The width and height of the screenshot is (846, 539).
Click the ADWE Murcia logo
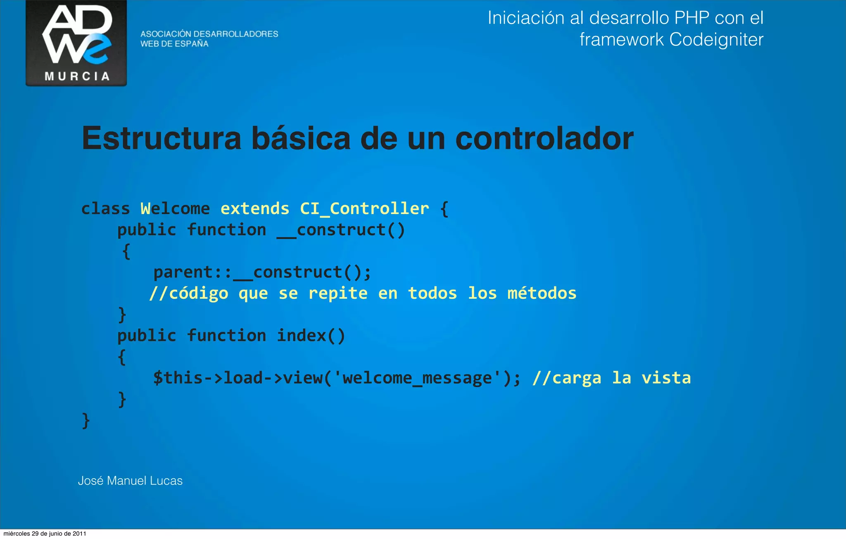(76, 43)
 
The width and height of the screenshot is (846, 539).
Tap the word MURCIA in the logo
(77, 76)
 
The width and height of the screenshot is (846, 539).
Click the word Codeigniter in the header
(716, 40)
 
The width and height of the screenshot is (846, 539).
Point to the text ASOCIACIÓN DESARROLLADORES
(209, 34)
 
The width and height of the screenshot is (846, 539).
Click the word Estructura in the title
(162, 138)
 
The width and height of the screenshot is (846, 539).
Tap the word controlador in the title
(544, 138)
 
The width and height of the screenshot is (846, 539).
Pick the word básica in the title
(301, 138)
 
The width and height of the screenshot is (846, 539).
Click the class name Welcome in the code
(175, 209)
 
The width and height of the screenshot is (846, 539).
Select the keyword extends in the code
(255, 209)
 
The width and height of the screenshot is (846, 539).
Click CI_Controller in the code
(364, 209)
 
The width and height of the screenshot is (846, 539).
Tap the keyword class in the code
(106, 209)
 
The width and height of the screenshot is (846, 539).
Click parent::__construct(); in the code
(262, 272)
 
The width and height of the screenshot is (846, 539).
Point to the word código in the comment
(199, 294)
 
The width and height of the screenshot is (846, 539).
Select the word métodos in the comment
(542, 293)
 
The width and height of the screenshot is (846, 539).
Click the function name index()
(311, 336)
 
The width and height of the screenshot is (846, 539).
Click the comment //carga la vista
(611, 378)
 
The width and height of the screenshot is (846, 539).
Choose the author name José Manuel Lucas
(130, 481)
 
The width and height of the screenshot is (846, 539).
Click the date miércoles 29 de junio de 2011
(45, 534)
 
